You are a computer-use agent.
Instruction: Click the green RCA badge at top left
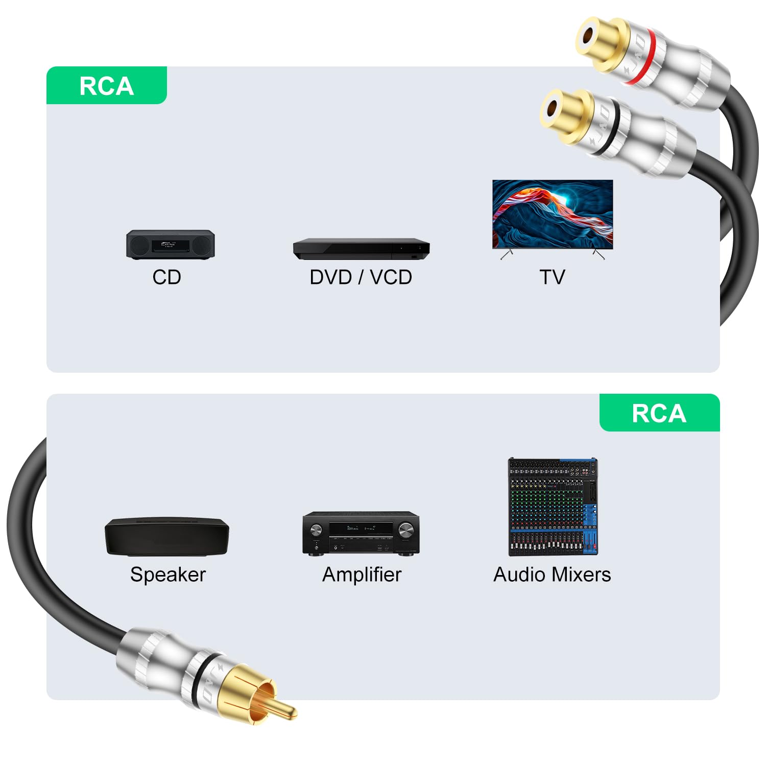(x=106, y=86)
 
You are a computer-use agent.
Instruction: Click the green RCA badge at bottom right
(x=659, y=413)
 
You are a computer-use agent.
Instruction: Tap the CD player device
(x=171, y=245)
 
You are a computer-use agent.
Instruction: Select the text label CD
(x=166, y=277)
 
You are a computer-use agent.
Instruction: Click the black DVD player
(x=361, y=249)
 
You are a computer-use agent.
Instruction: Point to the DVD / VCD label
(x=361, y=277)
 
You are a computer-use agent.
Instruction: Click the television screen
(x=552, y=214)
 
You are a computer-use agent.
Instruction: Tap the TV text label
(x=552, y=277)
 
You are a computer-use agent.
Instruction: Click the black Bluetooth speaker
(x=167, y=537)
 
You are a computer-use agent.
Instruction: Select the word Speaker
(x=167, y=574)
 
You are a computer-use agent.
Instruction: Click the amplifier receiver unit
(x=361, y=533)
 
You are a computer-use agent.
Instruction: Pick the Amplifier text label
(x=362, y=574)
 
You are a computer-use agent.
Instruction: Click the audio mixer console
(x=553, y=506)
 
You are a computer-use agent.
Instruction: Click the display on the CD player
(x=169, y=245)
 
